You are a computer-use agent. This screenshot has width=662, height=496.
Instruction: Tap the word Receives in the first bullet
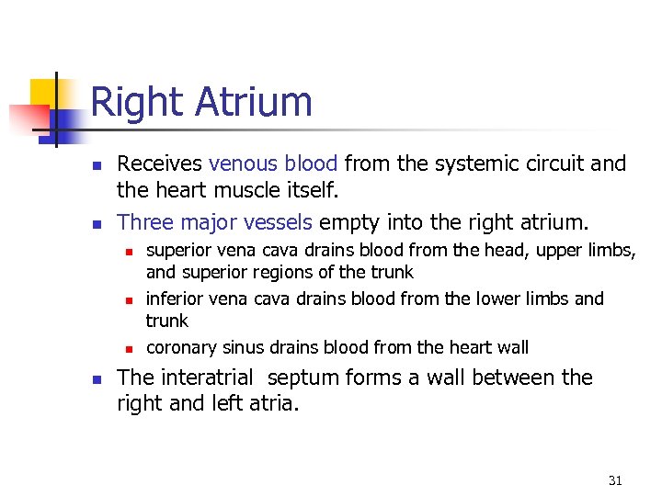[x=159, y=164]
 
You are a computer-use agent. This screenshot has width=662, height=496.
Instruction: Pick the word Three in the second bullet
[x=143, y=222]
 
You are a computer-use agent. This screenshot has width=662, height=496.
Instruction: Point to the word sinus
[x=243, y=347]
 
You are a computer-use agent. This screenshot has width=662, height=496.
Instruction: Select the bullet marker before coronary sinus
[x=130, y=348]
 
